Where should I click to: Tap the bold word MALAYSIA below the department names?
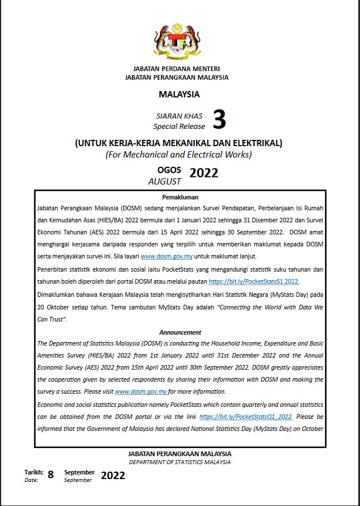pyautogui.click(x=179, y=94)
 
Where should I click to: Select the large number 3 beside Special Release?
pyautogui.click(x=219, y=120)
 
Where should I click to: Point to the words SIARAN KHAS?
pyautogui.click(x=179, y=116)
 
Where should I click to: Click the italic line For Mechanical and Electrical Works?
pyautogui.click(x=179, y=154)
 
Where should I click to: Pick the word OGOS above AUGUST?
pyautogui.click(x=169, y=170)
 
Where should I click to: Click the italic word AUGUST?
pyautogui.click(x=165, y=181)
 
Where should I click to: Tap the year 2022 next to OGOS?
pyautogui.click(x=204, y=173)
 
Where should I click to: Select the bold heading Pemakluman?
pyautogui.click(x=180, y=197)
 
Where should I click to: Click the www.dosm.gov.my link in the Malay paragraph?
pyautogui.click(x=166, y=257)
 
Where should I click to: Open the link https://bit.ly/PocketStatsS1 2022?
pyautogui.click(x=254, y=282)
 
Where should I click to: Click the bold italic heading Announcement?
pyautogui.click(x=180, y=332)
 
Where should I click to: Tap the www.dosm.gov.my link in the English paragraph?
pyautogui.click(x=141, y=392)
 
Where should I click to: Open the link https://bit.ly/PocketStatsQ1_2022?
pyautogui.click(x=260, y=417)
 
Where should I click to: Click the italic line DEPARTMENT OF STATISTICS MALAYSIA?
pyautogui.click(x=180, y=462)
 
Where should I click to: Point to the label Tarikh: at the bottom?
pyautogui.click(x=34, y=472)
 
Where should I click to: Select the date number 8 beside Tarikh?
pyautogui.click(x=51, y=474)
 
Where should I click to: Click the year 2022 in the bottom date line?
pyautogui.click(x=113, y=476)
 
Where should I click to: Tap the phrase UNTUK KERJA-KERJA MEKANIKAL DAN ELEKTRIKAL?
pyautogui.click(x=179, y=143)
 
